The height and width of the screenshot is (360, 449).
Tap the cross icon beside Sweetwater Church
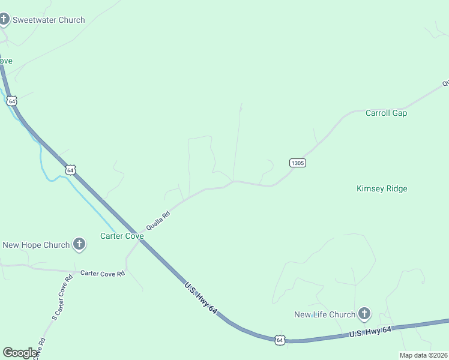pos(4,20)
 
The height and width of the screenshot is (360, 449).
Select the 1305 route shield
pos(298,163)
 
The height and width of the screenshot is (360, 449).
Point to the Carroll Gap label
pos(386,113)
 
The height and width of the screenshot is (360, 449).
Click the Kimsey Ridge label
pos(382,188)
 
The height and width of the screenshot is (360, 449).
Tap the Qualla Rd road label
pos(158,220)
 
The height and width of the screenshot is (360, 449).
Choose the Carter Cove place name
pos(122,236)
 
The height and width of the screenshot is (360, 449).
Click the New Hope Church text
pos(36,245)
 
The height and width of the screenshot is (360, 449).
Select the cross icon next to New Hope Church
pos(79,244)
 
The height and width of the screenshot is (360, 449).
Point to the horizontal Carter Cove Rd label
pos(103,273)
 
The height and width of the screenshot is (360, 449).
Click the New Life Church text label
pos(325,314)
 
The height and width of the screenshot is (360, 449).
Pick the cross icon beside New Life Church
pos(364,314)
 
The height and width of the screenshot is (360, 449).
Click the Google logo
pos(20,353)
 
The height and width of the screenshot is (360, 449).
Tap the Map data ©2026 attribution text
pos(423,355)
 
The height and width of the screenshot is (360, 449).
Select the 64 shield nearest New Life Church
pos(280,340)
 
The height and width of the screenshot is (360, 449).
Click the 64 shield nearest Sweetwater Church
pos(12,101)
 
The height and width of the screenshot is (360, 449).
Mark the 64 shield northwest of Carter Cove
pos(71,170)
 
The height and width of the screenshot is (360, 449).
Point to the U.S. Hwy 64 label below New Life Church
pos(370,331)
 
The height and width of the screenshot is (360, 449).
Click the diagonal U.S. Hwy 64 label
pos(200,296)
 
